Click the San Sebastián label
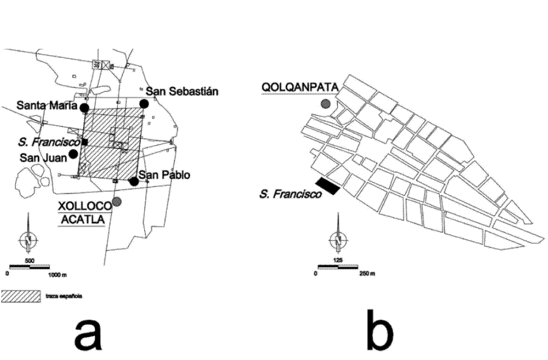click(x=182, y=91)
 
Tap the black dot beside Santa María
click(x=85, y=108)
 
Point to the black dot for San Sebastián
click(x=144, y=104)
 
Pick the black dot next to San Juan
click(x=73, y=154)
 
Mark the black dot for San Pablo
click(x=134, y=181)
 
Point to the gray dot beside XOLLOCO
click(x=117, y=202)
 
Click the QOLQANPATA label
click(x=299, y=88)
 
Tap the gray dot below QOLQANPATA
click(x=325, y=104)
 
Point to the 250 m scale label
click(x=366, y=274)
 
